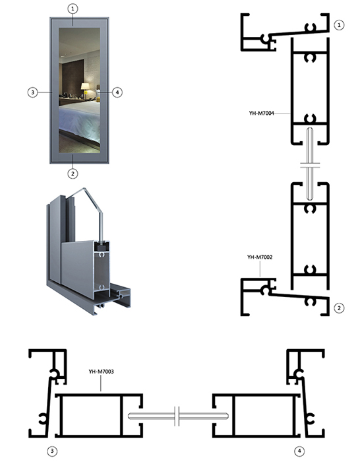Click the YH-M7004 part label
click(261, 114)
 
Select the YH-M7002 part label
click(260, 257)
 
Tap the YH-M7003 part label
click(101, 372)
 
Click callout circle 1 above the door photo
click(73, 9)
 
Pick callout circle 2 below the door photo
click(73, 174)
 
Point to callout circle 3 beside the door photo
click(33, 92)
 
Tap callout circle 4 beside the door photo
click(117, 92)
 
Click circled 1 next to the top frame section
click(339, 25)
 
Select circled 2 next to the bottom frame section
click(339, 308)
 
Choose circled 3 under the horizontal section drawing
click(52, 451)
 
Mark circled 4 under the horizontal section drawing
click(299, 451)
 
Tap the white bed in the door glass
click(80, 121)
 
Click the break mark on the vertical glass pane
click(311, 165)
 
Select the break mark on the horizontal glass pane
click(177, 416)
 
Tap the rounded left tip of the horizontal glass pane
click(129, 416)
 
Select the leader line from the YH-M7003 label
click(101, 383)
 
